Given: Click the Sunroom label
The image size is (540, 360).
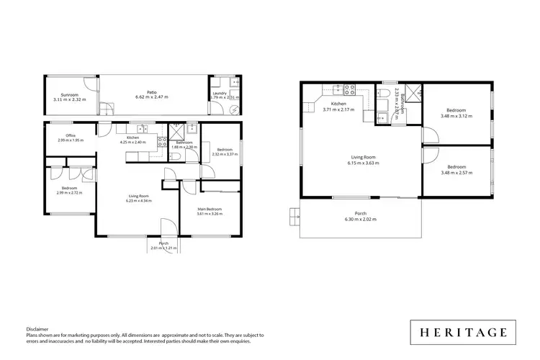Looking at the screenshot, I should tap(69, 95).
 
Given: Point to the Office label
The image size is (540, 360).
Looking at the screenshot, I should tap(71, 135).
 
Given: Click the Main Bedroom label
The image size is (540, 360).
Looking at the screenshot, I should tap(210, 210).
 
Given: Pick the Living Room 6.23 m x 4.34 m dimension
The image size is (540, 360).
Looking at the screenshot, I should tap(134, 198).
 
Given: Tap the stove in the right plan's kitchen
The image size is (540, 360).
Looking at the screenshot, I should tap(348, 90).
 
